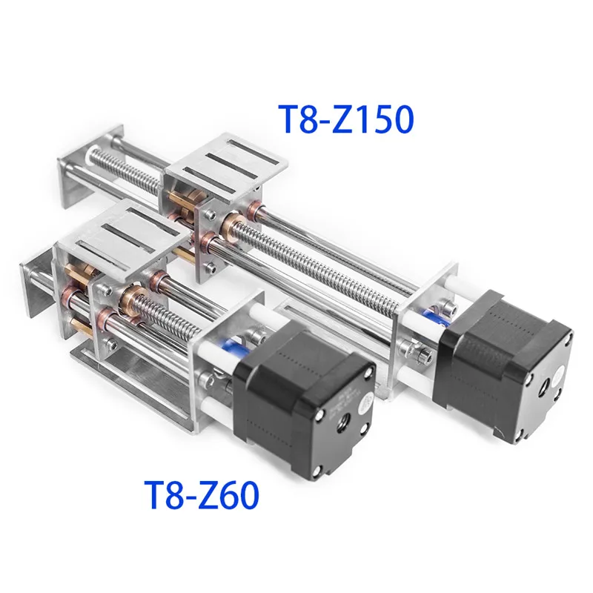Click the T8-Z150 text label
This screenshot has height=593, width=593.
[346, 119]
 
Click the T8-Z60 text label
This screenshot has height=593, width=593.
[202, 494]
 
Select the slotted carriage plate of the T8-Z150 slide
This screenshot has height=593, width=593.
[227, 159]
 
